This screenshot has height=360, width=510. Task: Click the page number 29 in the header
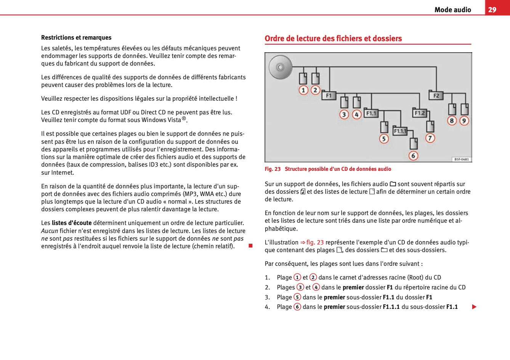492,10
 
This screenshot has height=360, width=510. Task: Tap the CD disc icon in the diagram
280,67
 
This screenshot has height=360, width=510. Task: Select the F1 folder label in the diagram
329,95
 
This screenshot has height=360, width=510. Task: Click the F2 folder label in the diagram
436,95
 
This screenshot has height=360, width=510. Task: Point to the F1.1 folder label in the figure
371,113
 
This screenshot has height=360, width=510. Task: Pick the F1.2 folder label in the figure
420,113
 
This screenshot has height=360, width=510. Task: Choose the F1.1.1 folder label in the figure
400,131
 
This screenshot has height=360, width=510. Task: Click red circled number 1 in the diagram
303,90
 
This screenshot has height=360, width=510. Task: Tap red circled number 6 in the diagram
413,156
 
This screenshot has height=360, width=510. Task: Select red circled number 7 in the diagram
430,138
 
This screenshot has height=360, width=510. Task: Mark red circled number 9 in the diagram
464,121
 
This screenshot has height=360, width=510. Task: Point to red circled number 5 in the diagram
384,139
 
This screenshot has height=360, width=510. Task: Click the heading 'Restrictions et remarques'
76,37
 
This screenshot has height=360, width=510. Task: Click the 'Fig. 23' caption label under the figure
273,169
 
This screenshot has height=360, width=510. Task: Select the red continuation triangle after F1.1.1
474,307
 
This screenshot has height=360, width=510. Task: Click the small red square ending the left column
250,246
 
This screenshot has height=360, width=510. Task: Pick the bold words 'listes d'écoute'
72,223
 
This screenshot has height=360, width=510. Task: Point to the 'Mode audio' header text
452,10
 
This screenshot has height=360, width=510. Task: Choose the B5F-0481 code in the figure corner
462,159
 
